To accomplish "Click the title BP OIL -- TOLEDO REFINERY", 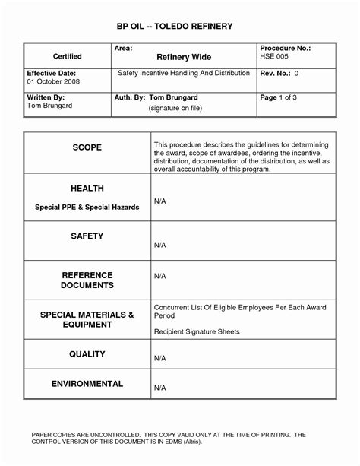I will point(179,27).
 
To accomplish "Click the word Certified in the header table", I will point(68,56).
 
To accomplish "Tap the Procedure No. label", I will point(285,47).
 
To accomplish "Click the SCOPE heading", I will point(87,147).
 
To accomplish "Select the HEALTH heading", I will point(87,188).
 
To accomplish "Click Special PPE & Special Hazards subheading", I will point(87,207).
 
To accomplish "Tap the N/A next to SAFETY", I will point(160,246).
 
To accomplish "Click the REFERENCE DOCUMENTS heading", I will point(87,280).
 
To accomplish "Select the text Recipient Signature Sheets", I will point(197,332).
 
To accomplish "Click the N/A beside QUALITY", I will point(160,357).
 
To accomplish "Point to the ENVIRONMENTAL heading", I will point(87,385).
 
